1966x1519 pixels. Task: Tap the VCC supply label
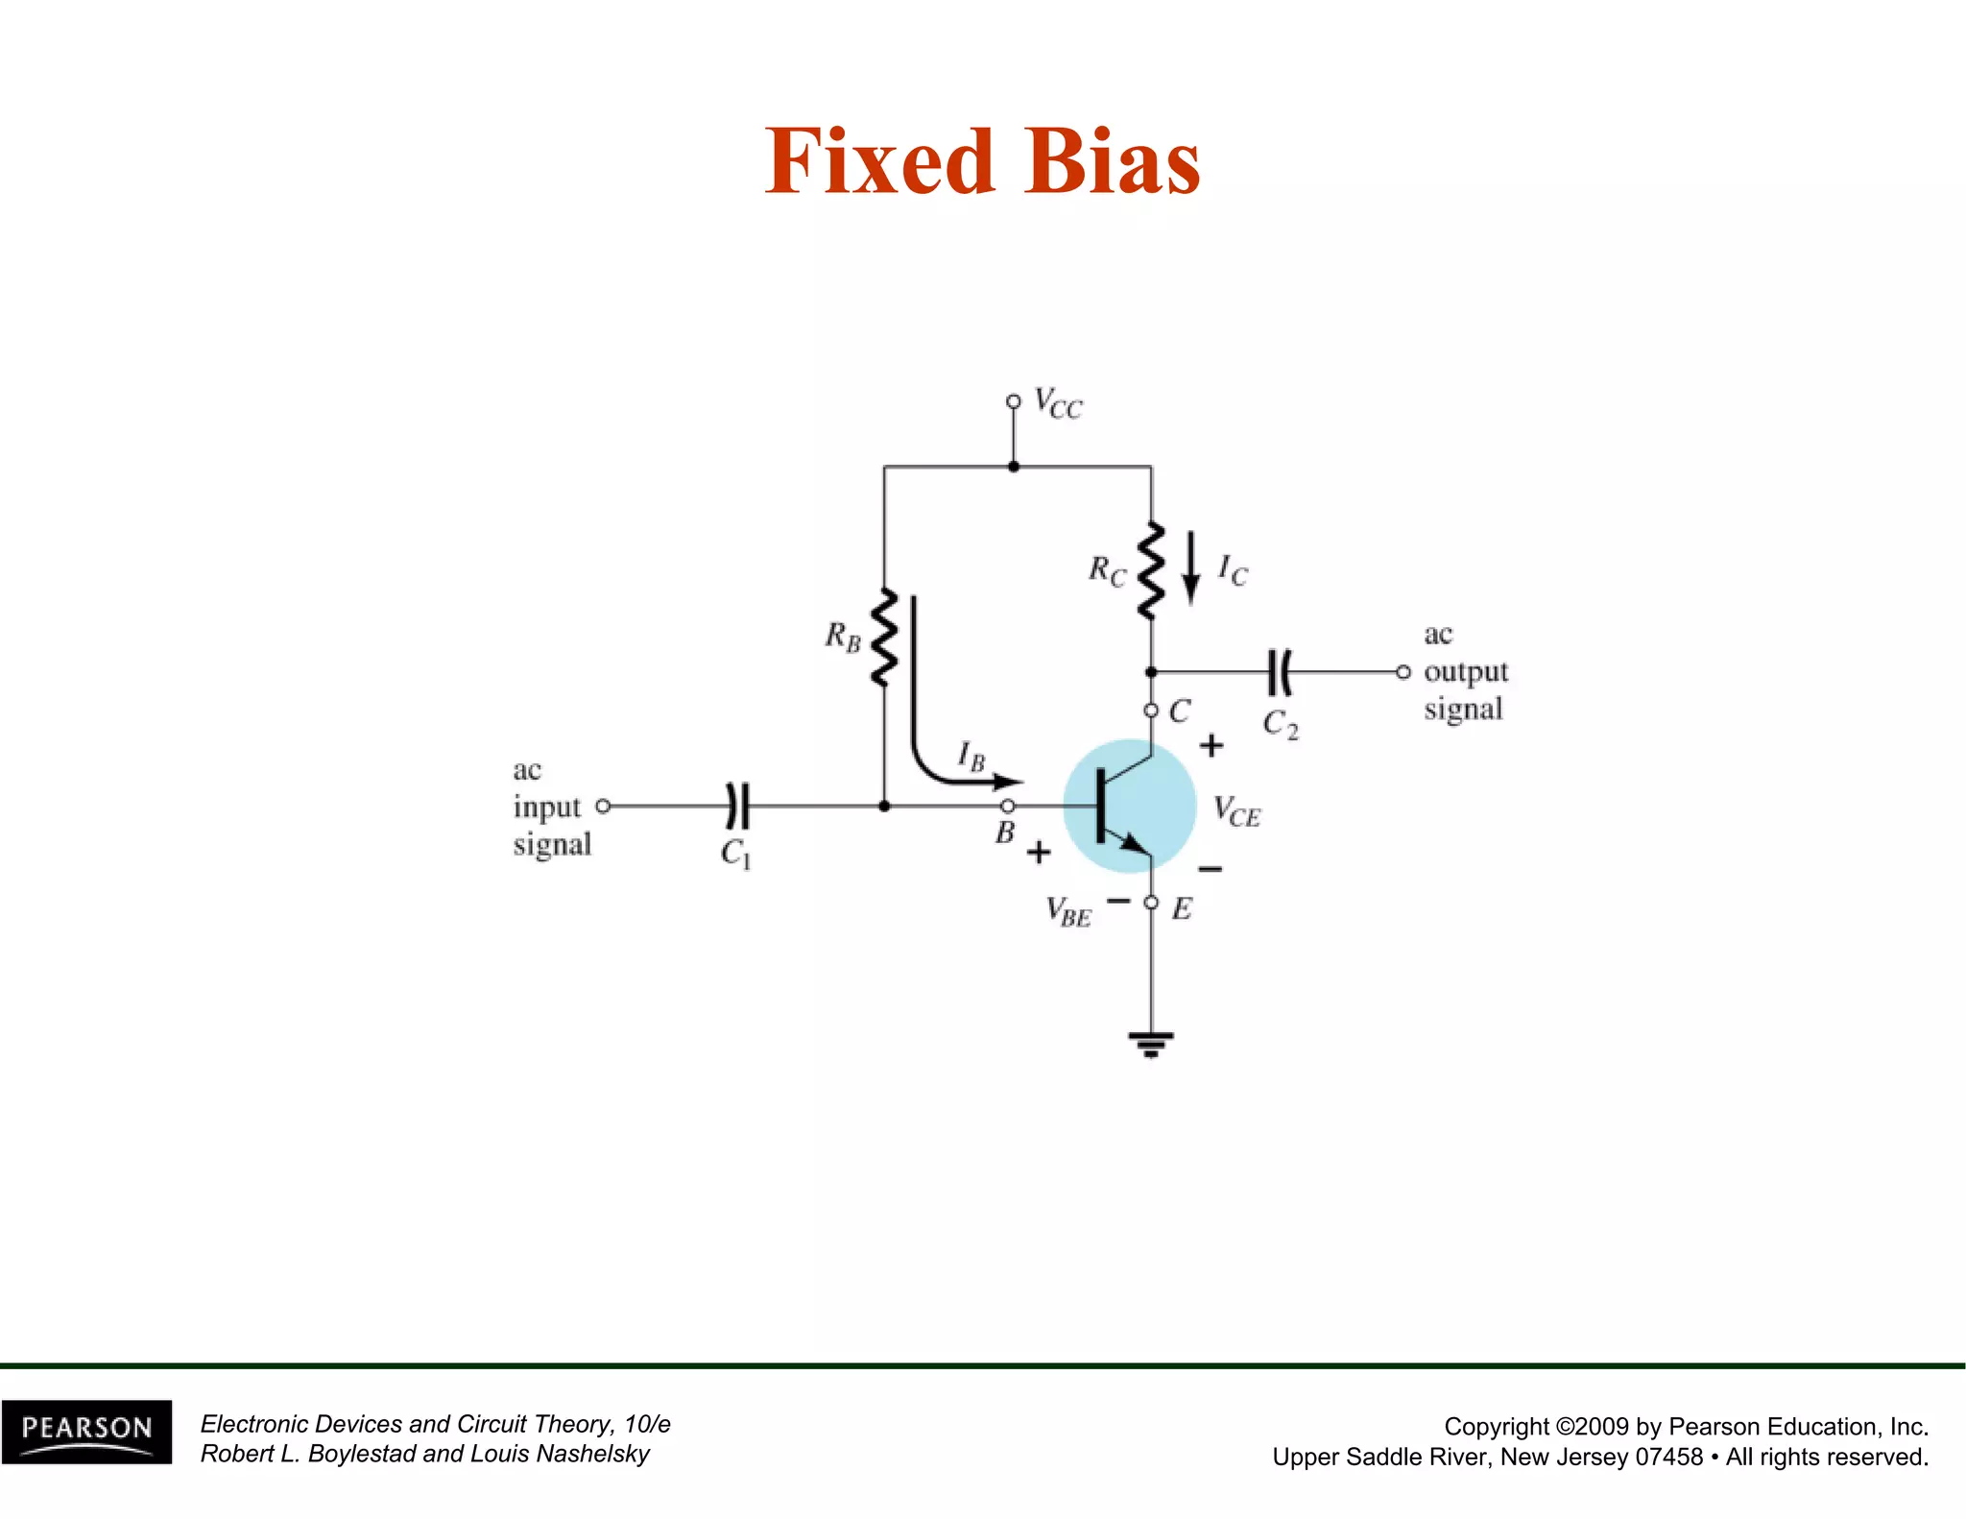point(1058,404)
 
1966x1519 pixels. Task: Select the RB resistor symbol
point(883,638)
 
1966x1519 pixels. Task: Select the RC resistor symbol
point(1150,570)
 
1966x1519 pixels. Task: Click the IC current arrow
point(1190,567)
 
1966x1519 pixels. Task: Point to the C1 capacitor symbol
point(736,806)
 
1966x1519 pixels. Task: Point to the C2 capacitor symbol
point(1280,672)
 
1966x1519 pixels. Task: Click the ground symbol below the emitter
point(1151,1043)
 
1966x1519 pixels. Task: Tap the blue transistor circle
point(1130,806)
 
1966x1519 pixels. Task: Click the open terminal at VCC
point(1013,401)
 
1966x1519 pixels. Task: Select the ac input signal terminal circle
point(603,806)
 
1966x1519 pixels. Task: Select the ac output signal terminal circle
point(1403,672)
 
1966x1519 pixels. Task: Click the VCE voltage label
point(1236,811)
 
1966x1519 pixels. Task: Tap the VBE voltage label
point(1068,911)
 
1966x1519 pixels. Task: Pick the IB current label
point(971,757)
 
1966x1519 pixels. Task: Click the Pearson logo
point(86,1431)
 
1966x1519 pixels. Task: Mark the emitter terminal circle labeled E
point(1151,904)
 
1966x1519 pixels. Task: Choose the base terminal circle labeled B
point(1007,806)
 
